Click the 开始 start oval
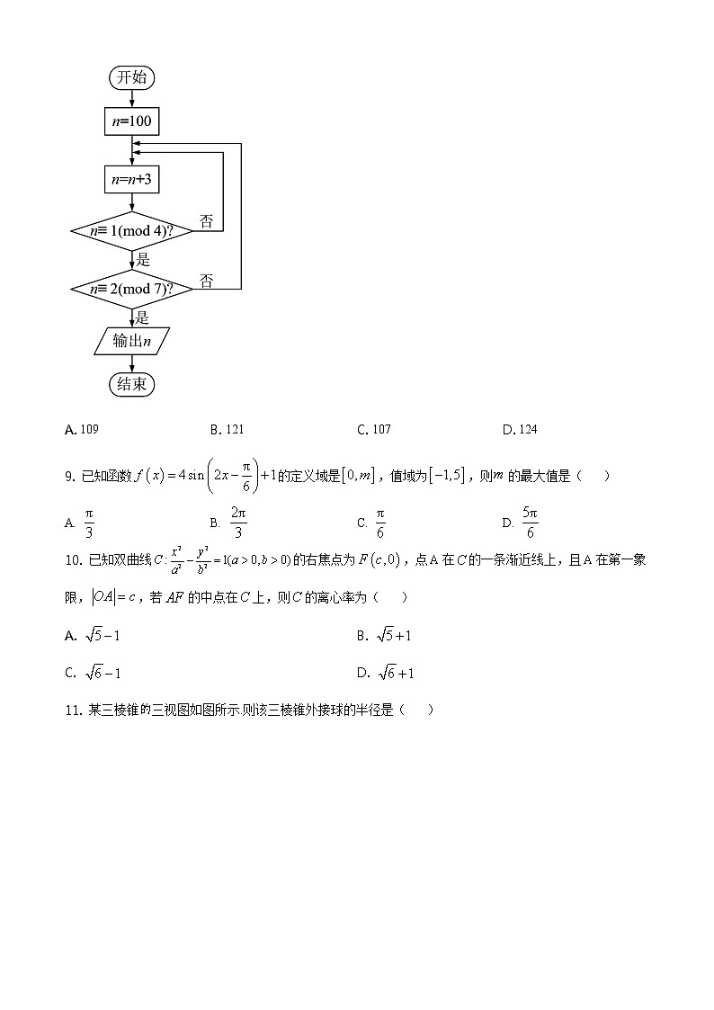coord(131,77)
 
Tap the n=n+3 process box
coord(131,180)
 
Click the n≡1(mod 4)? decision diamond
coord(131,231)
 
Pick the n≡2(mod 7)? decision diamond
coord(131,289)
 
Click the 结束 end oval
coord(131,384)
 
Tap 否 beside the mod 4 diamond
coord(206,222)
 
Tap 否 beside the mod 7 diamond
coord(206,282)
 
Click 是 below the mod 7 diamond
coord(141,317)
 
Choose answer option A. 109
coord(82,430)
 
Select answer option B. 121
coord(227,430)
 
